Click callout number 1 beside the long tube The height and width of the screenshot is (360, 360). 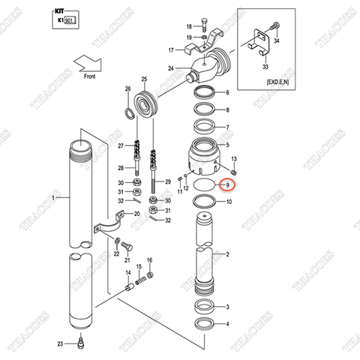[52, 197]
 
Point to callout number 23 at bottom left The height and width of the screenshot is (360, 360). [60, 343]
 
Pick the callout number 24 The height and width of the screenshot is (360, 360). [171, 68]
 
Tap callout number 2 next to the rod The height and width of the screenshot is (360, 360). [227, 255]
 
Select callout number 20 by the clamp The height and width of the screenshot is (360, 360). [136, 214]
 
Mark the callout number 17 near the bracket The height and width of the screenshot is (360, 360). [170, 50]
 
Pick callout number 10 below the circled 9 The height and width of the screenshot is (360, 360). [229, 202]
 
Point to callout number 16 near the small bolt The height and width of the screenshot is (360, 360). [149, 259]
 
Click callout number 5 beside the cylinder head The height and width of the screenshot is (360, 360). [228, 144]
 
